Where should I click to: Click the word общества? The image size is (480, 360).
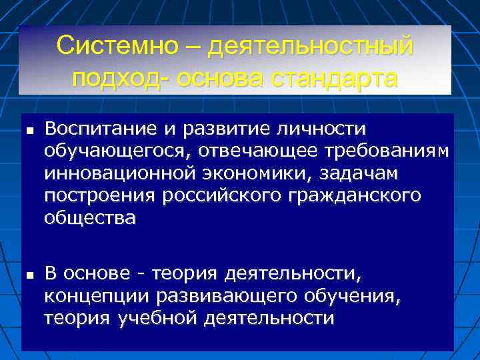click(89, 219)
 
